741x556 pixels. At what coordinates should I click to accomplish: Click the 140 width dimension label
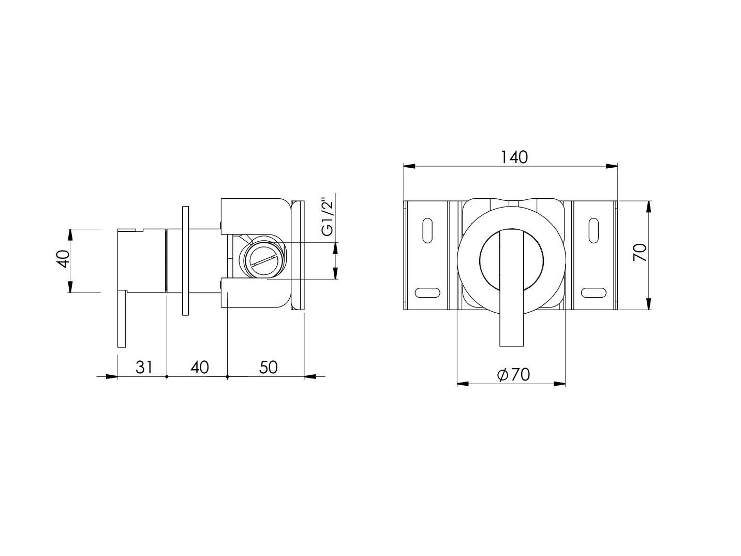(x=514, y=157)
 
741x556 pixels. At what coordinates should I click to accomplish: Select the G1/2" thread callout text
(x=328, y=216)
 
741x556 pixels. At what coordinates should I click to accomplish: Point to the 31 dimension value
(x=144, y=367)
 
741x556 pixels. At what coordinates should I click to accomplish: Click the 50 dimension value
(x=268, y=367)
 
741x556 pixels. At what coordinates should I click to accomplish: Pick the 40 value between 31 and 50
(x=199, y=367)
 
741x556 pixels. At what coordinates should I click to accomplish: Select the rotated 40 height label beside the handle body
(x=63, y=258)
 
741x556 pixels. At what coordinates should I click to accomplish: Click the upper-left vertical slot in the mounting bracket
(x=427, y=230)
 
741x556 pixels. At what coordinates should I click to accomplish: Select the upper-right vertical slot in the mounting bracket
(x=594, y=230)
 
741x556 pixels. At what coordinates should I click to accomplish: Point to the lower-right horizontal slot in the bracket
(x=593, y=292)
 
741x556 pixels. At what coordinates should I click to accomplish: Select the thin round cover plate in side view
(x=185, y=260)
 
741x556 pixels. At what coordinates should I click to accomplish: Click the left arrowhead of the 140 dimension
(x=409, y=166)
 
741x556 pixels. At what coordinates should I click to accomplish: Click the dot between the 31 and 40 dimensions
(x=167, y=376)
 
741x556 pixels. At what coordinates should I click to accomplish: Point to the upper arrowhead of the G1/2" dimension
(x=335, y=247)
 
